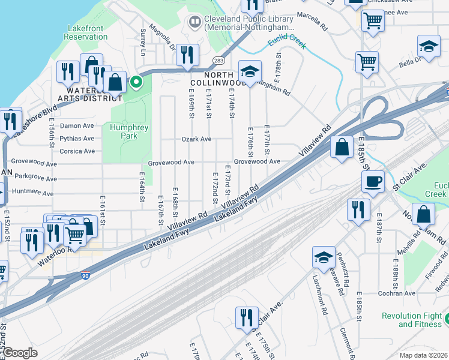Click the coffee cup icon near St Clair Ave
tap(373, 181)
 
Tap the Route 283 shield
tap(219, 60)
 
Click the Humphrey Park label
tap(124, 131)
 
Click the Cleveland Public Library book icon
tap(194, 23)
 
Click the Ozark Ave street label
tap(197, 139)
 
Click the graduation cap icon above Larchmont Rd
tap(324, 257)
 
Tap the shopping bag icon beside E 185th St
tap(342, 148)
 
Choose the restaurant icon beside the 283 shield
tap(188, 55)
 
